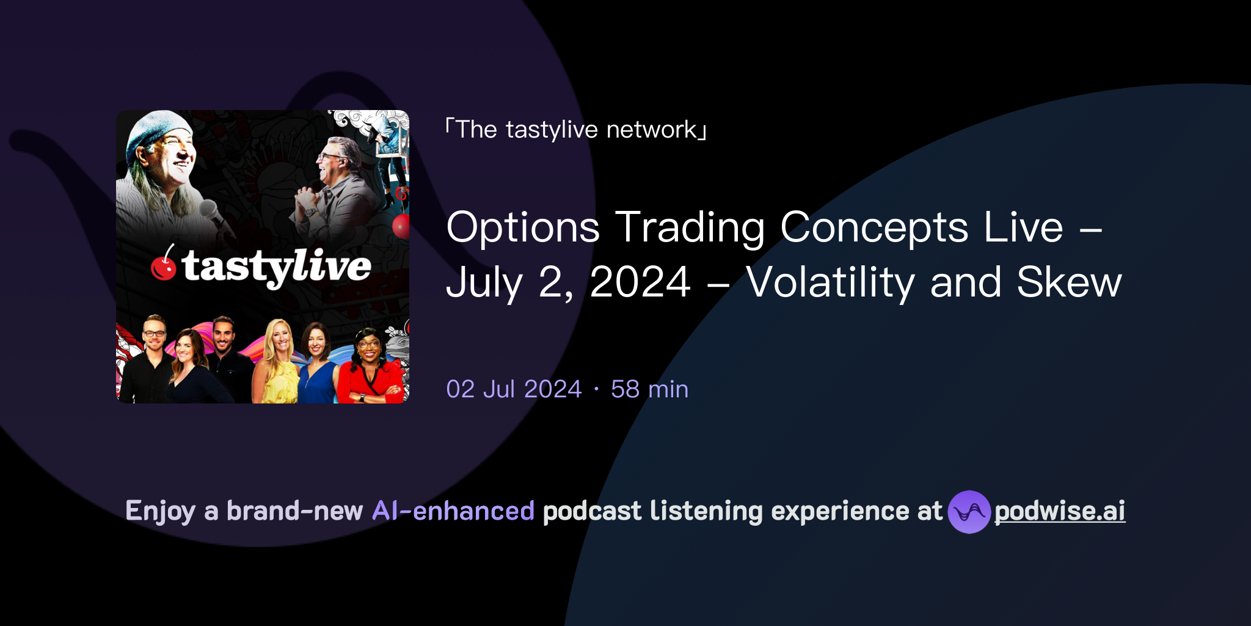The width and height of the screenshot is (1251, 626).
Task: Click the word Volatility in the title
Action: tap(830, 282)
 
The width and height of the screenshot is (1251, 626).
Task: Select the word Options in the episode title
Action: tap(523, 227)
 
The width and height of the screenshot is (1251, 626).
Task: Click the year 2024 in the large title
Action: tap(640, 282)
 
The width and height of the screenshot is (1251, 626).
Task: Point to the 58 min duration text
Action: tap(649, 389)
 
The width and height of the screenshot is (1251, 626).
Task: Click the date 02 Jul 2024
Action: tap(514, 389)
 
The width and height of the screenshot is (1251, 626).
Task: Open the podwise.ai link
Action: tap(1059, 511)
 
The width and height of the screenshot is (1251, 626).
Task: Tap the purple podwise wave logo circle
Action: tap(969, 512)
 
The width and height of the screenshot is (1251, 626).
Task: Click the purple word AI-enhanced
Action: tap(453, 511)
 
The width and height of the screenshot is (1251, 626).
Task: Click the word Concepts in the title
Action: tap(874, 227)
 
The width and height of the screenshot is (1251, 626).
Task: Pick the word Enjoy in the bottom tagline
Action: tap(160, 511)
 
